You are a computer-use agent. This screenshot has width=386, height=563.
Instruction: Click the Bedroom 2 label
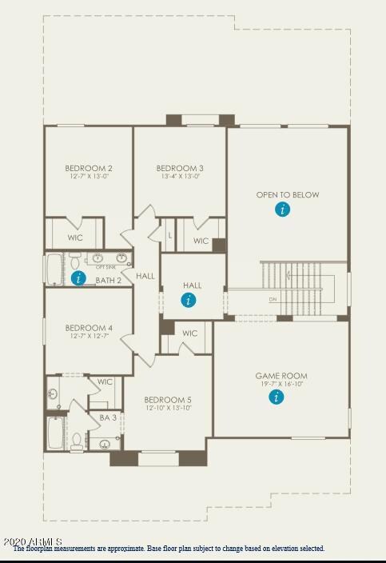[88, 168]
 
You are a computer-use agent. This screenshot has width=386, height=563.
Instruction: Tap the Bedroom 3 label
[180, 168]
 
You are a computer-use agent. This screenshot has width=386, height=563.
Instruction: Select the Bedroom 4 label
[88, 328]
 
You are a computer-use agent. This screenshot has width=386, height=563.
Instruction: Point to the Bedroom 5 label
[168, 400]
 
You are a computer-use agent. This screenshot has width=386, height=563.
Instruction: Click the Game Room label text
[281, 376]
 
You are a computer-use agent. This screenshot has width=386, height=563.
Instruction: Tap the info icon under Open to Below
[282, 210]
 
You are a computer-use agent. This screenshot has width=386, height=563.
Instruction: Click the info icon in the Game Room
[277, 396]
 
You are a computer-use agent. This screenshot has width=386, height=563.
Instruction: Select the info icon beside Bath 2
[78, 278]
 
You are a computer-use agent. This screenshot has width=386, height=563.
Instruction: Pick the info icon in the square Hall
[189, 300]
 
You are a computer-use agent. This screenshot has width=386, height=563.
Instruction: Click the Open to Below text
[288, 194]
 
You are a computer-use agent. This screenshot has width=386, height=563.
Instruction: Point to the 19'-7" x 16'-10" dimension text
[281, 384]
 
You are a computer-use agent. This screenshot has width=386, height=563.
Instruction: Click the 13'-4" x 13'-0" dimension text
[180, 176]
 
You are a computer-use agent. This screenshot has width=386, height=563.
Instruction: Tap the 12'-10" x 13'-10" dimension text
[168, 408]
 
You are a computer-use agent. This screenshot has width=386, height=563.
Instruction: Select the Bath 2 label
[109, 281]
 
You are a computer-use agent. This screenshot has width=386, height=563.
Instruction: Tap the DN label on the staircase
[273, 299]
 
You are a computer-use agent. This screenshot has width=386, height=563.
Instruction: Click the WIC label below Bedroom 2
[75, 238]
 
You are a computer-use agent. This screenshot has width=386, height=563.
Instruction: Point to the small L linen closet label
[169, 235]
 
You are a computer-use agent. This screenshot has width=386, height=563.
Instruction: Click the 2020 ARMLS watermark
[32, 541]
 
